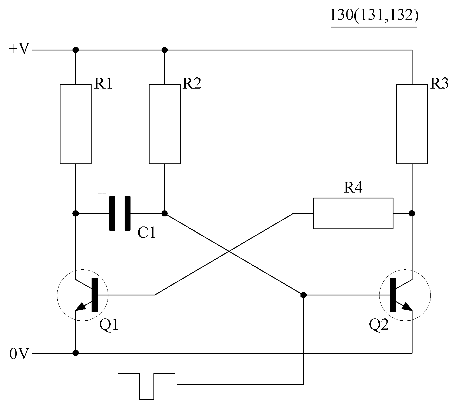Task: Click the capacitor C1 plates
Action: tap(120, 213)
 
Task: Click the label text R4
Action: tap(353, 188)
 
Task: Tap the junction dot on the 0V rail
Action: tap(75, 353)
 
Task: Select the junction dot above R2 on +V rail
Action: tap(165, 50)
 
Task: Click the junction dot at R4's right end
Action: tap(412, 213)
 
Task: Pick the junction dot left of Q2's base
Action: tap(303, 295)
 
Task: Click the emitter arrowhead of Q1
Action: tap(81, 307)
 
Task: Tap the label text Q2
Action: tap(379, 325)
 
